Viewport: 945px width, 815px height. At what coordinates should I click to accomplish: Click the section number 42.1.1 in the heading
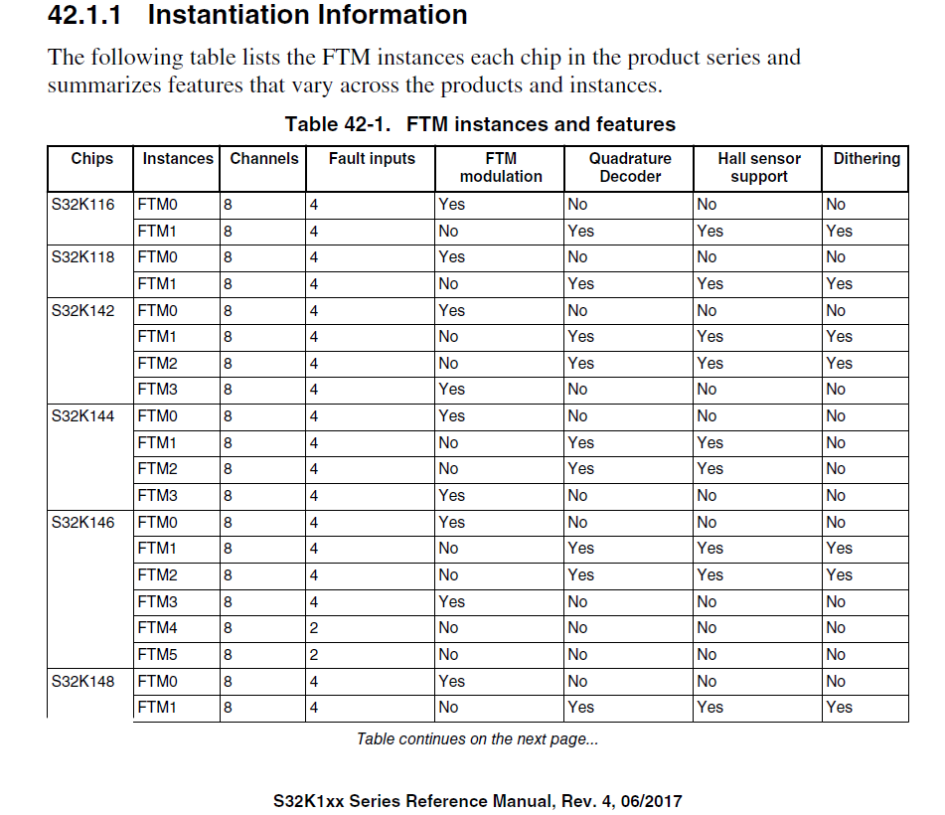click(x=87, y=15)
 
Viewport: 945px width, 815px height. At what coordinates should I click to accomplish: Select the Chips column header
click(x=91, y=159)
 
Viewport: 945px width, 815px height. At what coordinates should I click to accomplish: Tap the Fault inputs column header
click(x=372, y=159)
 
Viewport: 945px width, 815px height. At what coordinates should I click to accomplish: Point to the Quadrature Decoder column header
click(x=630, y=167)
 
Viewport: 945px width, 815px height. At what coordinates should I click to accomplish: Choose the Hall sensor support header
click(x=759, y=167)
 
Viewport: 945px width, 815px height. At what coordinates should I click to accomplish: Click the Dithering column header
click(x=866, y=159)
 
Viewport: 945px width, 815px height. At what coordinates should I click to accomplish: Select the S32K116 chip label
click(x=82, y=205)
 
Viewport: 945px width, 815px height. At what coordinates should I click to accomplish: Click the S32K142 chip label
click(x=82, y=311)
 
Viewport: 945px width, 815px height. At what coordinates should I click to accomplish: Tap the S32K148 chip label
click(x=82, y=682)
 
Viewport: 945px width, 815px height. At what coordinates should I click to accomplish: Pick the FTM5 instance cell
click(x=157, y=655)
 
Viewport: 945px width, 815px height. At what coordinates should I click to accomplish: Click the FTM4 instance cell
click(x=157, y=628)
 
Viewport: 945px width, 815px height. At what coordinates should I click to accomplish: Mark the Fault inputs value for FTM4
click(x=314, y=628)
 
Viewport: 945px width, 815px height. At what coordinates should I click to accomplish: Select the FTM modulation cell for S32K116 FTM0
click(x=451, y=205)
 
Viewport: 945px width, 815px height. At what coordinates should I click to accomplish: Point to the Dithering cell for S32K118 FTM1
click(x=839, y=284)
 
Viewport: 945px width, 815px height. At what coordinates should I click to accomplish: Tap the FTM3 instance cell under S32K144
click(x=157, y=496)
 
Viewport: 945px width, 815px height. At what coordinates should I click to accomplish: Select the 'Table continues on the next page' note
click(x=477, y=739)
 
